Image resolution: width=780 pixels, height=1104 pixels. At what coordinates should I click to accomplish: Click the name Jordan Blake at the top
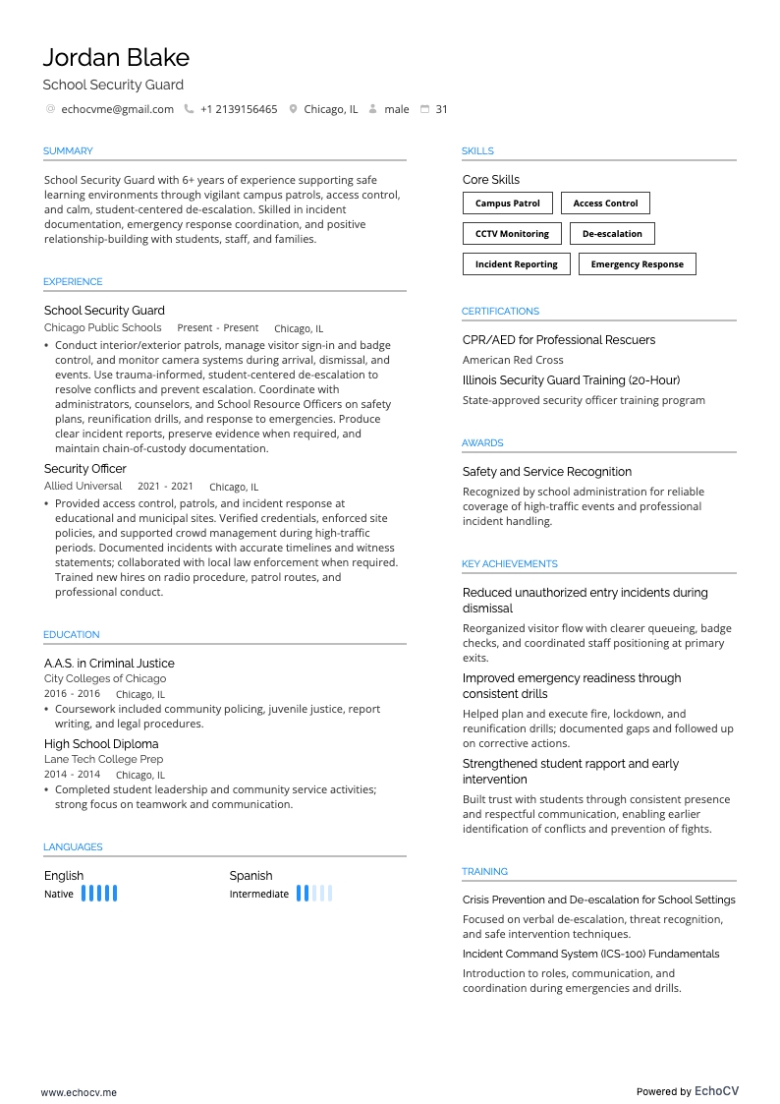(x=116, y=57)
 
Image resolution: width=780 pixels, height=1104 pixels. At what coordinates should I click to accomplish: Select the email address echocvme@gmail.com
(x=117, y=109)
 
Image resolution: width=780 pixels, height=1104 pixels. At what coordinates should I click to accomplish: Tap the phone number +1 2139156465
(x=239, y=109)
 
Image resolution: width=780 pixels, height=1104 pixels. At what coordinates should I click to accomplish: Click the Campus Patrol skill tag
(x=508, y=203)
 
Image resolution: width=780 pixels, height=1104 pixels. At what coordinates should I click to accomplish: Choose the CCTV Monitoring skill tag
(x=512, y=234)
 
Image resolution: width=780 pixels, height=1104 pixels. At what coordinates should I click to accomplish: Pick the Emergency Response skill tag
(x=637, y=264)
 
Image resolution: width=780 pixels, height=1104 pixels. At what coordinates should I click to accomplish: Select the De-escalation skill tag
(x=612, y=234)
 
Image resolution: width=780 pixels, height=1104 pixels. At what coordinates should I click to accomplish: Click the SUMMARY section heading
(x=68, y=151)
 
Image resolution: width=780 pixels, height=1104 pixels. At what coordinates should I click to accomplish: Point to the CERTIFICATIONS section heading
(x=500, y=312)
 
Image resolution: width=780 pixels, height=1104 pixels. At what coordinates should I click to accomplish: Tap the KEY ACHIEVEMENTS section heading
(x=509, y=564)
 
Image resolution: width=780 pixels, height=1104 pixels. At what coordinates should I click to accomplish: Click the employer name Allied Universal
(x=84, y=486)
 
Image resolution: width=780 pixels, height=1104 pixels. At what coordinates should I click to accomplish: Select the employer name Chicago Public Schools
(x=102, y=327)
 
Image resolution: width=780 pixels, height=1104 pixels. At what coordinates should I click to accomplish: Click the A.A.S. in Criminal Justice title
(x=109, y=664)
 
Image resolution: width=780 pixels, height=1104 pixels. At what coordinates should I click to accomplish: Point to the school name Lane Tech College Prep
(x=103, y=759)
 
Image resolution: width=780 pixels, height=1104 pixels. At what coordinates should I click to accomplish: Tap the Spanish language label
(x=251, y=876)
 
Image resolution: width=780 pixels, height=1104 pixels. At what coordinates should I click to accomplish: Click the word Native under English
(x=59, y=894)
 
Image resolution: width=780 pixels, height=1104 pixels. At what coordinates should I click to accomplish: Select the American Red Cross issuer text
(x=513, y=360)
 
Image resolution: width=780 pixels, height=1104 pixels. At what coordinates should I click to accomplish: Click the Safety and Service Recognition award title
(x=546, y=472)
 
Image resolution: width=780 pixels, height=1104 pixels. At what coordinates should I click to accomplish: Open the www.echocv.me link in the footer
(x=79, y=1092)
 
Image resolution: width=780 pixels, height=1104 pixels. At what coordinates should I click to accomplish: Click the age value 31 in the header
(x=441, y=109)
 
